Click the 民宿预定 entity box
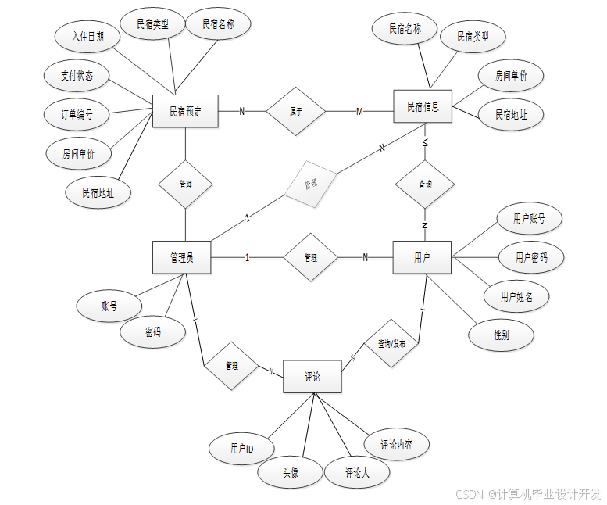click(x=185, y=112)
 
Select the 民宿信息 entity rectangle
click(x=423, y=108)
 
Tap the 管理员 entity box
click(x=182, y=257)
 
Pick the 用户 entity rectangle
click(x=422, y=257)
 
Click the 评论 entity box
click(x=312, y=377)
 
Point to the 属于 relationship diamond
click(x=295, y=112)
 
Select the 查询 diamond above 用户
click(x=424, y=185)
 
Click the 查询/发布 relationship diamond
click(x=391, y=343)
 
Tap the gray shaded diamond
click(x=310, y=184)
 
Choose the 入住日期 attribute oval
click(x=87, y=36)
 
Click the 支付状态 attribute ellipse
click(x=77, y=76)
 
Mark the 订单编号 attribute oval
click(x=77, y=114)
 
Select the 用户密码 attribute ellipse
click(x=531, y=257)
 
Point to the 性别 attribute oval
click(x=502, y=335)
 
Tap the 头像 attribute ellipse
click(x=290, y=472)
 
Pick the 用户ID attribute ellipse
click(x=241, y=449)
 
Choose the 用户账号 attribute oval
click(x=529, y=220)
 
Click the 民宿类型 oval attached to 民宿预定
click(x=152, y=24)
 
